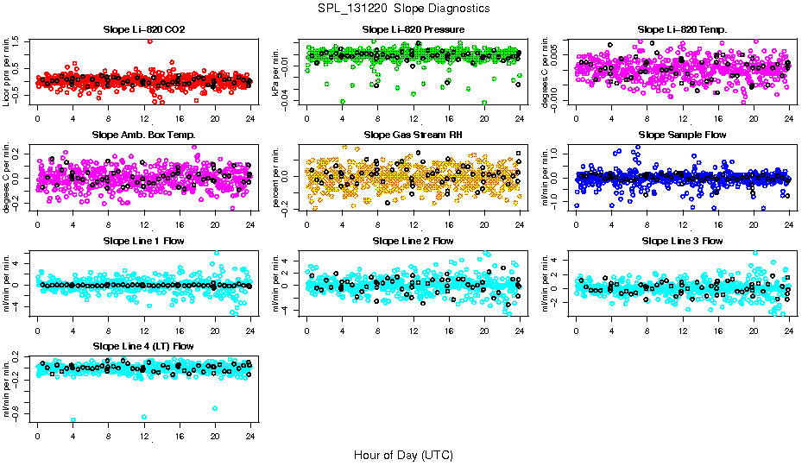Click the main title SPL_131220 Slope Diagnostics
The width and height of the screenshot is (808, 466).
click(403, 8)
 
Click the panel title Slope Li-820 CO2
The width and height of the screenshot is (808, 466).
click(143, 29)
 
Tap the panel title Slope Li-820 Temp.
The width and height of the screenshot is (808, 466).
click(682, 29)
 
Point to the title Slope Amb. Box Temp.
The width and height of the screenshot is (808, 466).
click(143, 135)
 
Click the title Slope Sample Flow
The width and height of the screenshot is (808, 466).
click(682, 135)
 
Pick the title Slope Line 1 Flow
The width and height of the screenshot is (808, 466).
click(143, 241)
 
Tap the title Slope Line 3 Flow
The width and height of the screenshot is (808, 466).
click(682, 241)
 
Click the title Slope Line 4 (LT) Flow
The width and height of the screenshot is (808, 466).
click(143, 346)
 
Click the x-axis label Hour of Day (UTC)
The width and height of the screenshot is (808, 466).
click(403, 455)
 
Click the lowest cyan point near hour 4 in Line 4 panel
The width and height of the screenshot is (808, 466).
click(73, 420)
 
